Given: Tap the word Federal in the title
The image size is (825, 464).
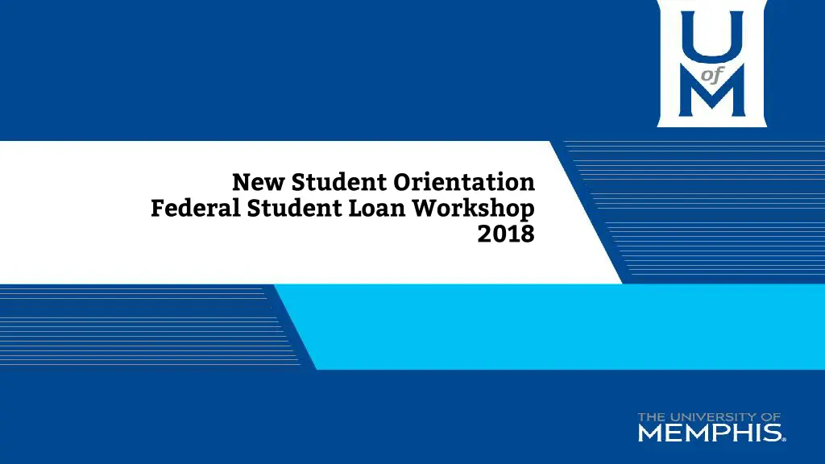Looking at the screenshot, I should point(196,209).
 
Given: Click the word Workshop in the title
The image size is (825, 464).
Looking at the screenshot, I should point(474,209).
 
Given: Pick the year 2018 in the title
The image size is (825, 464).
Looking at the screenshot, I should point(506,234).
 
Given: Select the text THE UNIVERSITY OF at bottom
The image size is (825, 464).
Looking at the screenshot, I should point(709,417).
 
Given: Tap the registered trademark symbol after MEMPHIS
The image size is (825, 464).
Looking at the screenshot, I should point(784,439).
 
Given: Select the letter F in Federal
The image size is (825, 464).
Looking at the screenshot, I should point(158,209).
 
